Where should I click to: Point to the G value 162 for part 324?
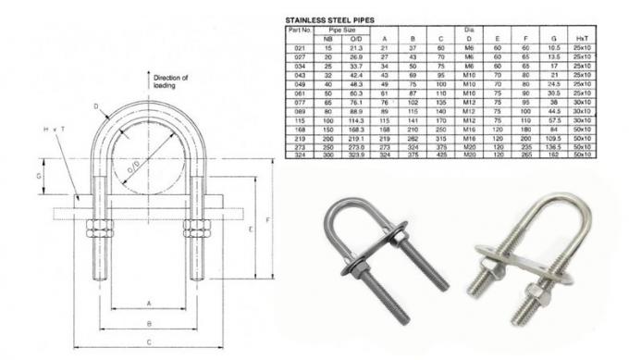pyautogui.click(x=552, y=154)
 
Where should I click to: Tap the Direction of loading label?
pyautogui.click(x=170, y=81)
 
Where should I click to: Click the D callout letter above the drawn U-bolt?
pyautogui.click(x=95, y=108)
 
